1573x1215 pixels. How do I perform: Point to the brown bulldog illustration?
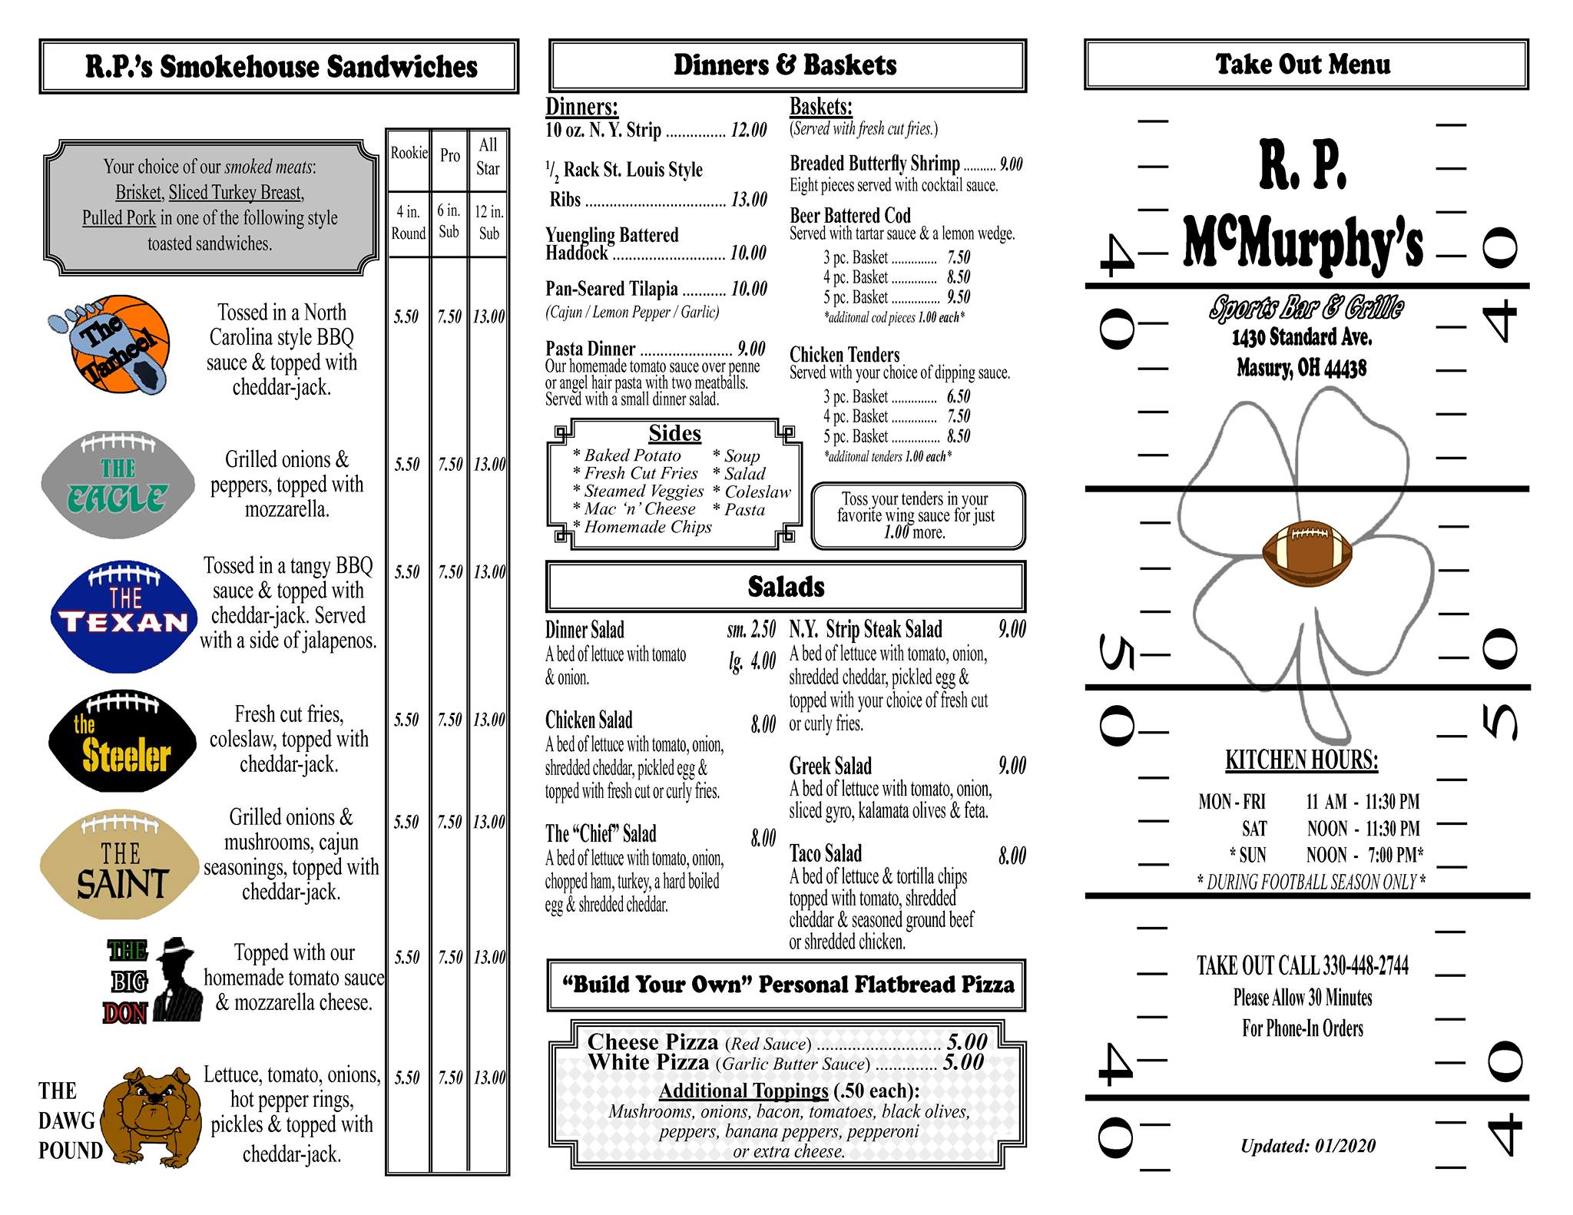click(x=153, y=1115)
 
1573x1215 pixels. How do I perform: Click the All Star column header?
click(x=488, y=157)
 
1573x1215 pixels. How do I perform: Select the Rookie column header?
click(x=409, y=154)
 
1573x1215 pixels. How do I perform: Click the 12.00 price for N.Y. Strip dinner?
click(x=748, y=131)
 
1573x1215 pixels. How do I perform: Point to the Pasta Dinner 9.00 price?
click(x=751, y=349)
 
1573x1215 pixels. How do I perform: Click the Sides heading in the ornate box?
click(x=674, y=434)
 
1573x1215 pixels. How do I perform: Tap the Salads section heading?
click(x=786, y=588)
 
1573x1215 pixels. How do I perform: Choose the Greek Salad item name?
click(x=830, y=766)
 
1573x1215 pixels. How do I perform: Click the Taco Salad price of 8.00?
click(x=1012, y=856)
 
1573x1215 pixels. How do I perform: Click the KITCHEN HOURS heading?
click(x=1301, y=760)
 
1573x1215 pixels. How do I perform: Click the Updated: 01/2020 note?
click(x=1307, y=1147)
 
